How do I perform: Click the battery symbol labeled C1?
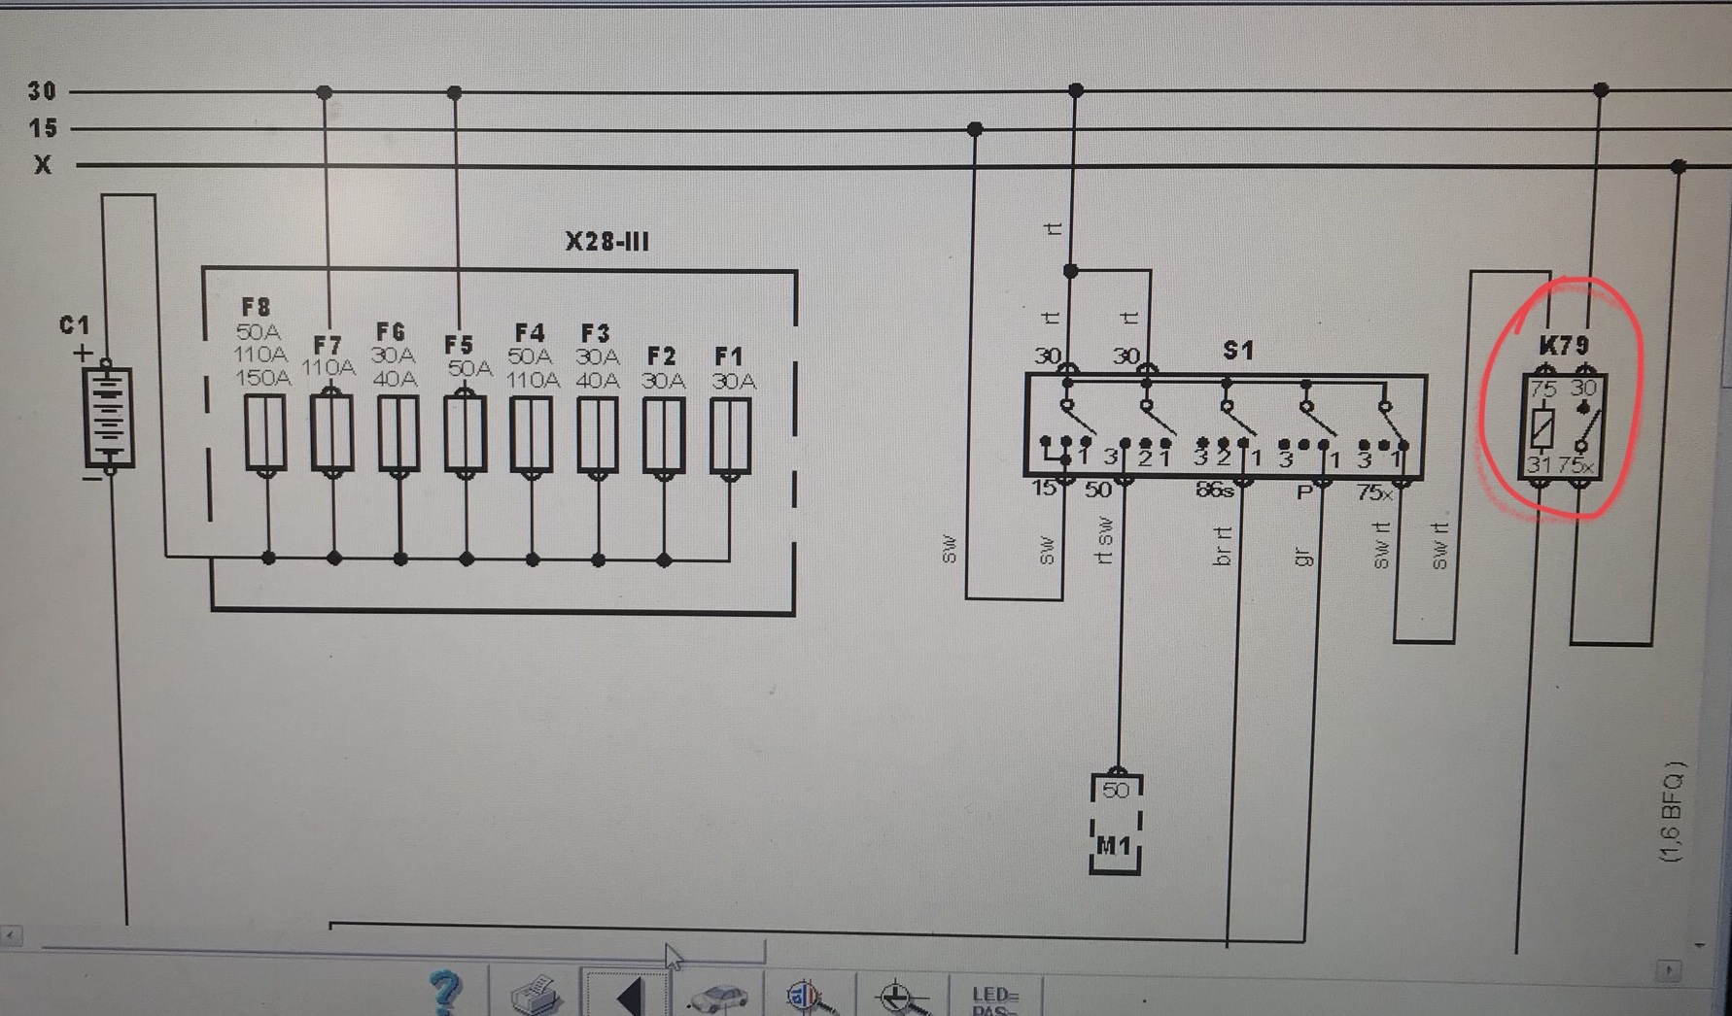(x=108, y=416)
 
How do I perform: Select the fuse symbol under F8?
(x=265, y=434)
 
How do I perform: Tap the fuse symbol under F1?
(x=730, y=434)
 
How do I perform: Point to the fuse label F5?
(x=458, y=345)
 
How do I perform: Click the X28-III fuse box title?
(x=607, y=241)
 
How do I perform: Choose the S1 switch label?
(x=1237, y=350)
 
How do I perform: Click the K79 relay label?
(x=1564, y=345)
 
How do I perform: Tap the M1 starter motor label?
(x=1114, y=846)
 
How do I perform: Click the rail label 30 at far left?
(x=42, y=91)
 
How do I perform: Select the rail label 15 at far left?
(x=42, y=128)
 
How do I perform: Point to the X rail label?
(x=43, y=165)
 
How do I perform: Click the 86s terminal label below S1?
(x=1214, y=491)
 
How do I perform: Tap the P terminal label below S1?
(x=1304, y=492)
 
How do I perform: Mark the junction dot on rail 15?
(x=975, y=129)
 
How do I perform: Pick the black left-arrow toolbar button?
(x=629, y=996)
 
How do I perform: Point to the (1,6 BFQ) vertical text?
(x=1671, y=812)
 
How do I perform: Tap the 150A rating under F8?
(x=262, y=378)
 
